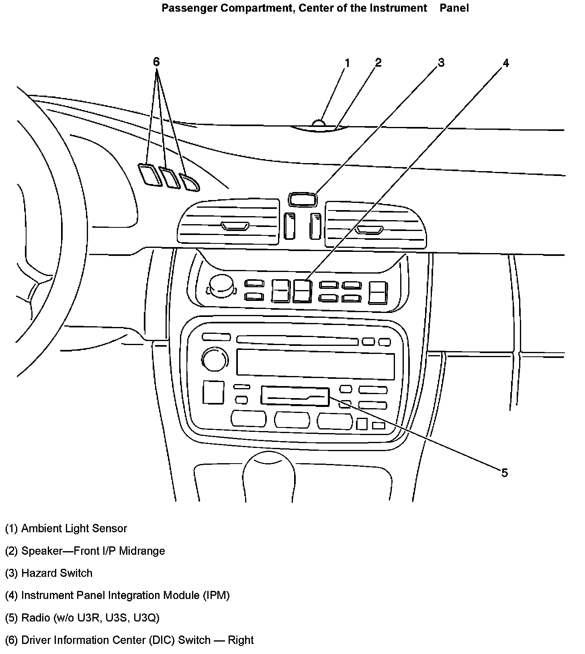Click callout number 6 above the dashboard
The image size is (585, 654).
156,62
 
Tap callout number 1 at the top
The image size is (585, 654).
347,63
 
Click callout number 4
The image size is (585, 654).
506,63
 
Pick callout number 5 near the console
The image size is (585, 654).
505,473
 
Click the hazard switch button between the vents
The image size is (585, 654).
302,199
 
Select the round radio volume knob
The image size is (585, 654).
215,360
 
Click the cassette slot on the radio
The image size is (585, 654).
295,396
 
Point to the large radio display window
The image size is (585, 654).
315,364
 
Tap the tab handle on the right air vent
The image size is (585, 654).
369,230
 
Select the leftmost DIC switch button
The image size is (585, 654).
149,175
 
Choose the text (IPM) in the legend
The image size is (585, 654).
216,595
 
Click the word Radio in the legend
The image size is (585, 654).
35,617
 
